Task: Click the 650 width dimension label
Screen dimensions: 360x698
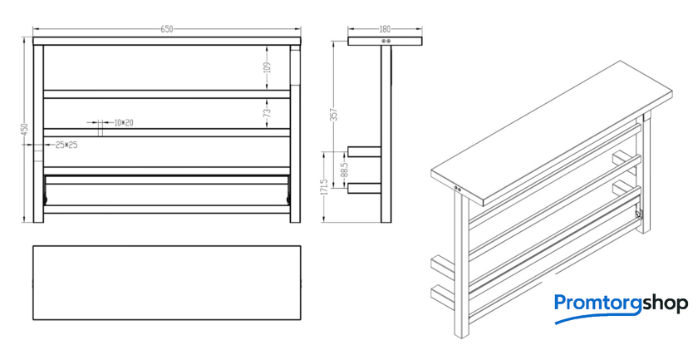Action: pos(166,29)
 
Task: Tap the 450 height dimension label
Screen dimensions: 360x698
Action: pos(26,130)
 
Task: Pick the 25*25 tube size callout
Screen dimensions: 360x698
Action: pos(66,145)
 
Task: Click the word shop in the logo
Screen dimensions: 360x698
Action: pos(664,304)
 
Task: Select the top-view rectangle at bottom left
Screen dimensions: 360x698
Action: pos(166,283)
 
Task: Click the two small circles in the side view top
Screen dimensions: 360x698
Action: pos(386,41)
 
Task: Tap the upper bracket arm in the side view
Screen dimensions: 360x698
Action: pos(364,152)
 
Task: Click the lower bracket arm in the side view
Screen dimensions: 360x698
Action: pos(364,188)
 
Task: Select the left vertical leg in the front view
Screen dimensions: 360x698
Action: pos(38,133)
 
